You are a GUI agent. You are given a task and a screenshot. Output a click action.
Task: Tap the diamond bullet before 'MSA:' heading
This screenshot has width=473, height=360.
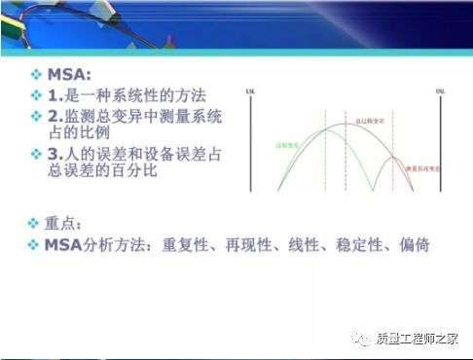(x=36, y=75)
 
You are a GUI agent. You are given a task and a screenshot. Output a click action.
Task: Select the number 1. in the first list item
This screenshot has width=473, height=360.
(x=55, y=96)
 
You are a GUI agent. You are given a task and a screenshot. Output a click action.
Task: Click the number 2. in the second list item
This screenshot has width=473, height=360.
(x=55, y=117)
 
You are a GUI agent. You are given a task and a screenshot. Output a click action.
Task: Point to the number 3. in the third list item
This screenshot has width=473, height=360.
(x=55, y=155)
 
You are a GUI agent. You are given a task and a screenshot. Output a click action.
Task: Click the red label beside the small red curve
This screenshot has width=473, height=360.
(x=418, y=167)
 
